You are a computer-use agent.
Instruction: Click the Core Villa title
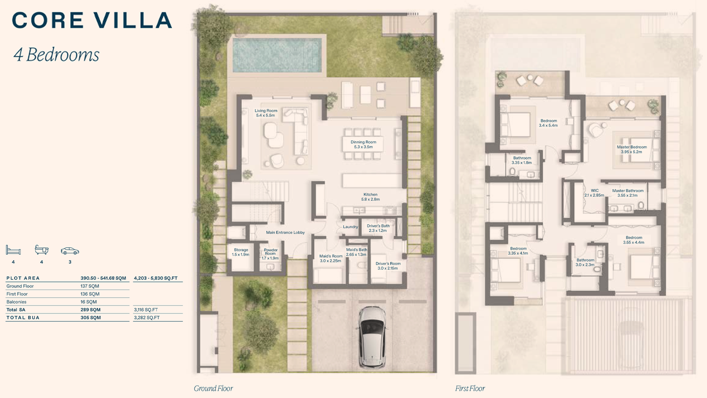(92, 20)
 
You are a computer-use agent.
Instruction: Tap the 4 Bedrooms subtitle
(57, 55)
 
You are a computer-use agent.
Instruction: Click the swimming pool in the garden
(277, 55)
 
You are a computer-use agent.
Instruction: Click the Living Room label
(266, 113)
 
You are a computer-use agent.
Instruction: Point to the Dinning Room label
(363, 144)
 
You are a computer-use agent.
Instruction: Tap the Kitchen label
(371, 197)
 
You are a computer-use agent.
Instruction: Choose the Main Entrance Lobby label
(285, 233)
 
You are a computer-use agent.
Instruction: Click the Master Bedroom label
(631, 149)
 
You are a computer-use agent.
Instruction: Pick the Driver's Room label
(388, 266)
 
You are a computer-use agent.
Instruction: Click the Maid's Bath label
(356, 252)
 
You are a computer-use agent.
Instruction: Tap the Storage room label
(241, 252)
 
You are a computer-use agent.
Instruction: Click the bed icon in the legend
(13, 250)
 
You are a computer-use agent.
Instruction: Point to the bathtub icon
(42, 249)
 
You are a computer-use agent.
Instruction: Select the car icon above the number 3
(70, 251)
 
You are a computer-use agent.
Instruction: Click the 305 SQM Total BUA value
(91, 318)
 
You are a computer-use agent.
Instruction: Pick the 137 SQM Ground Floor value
(90, 286)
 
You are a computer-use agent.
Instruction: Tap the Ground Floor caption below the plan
(213, 389)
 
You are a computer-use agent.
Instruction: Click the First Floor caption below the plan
(470, 389)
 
